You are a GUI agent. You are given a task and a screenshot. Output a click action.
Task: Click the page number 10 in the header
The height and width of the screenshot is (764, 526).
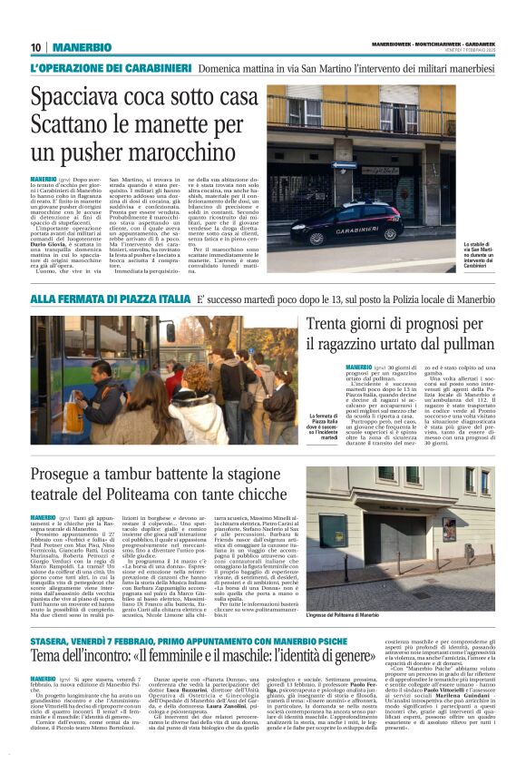pos(36,47)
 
